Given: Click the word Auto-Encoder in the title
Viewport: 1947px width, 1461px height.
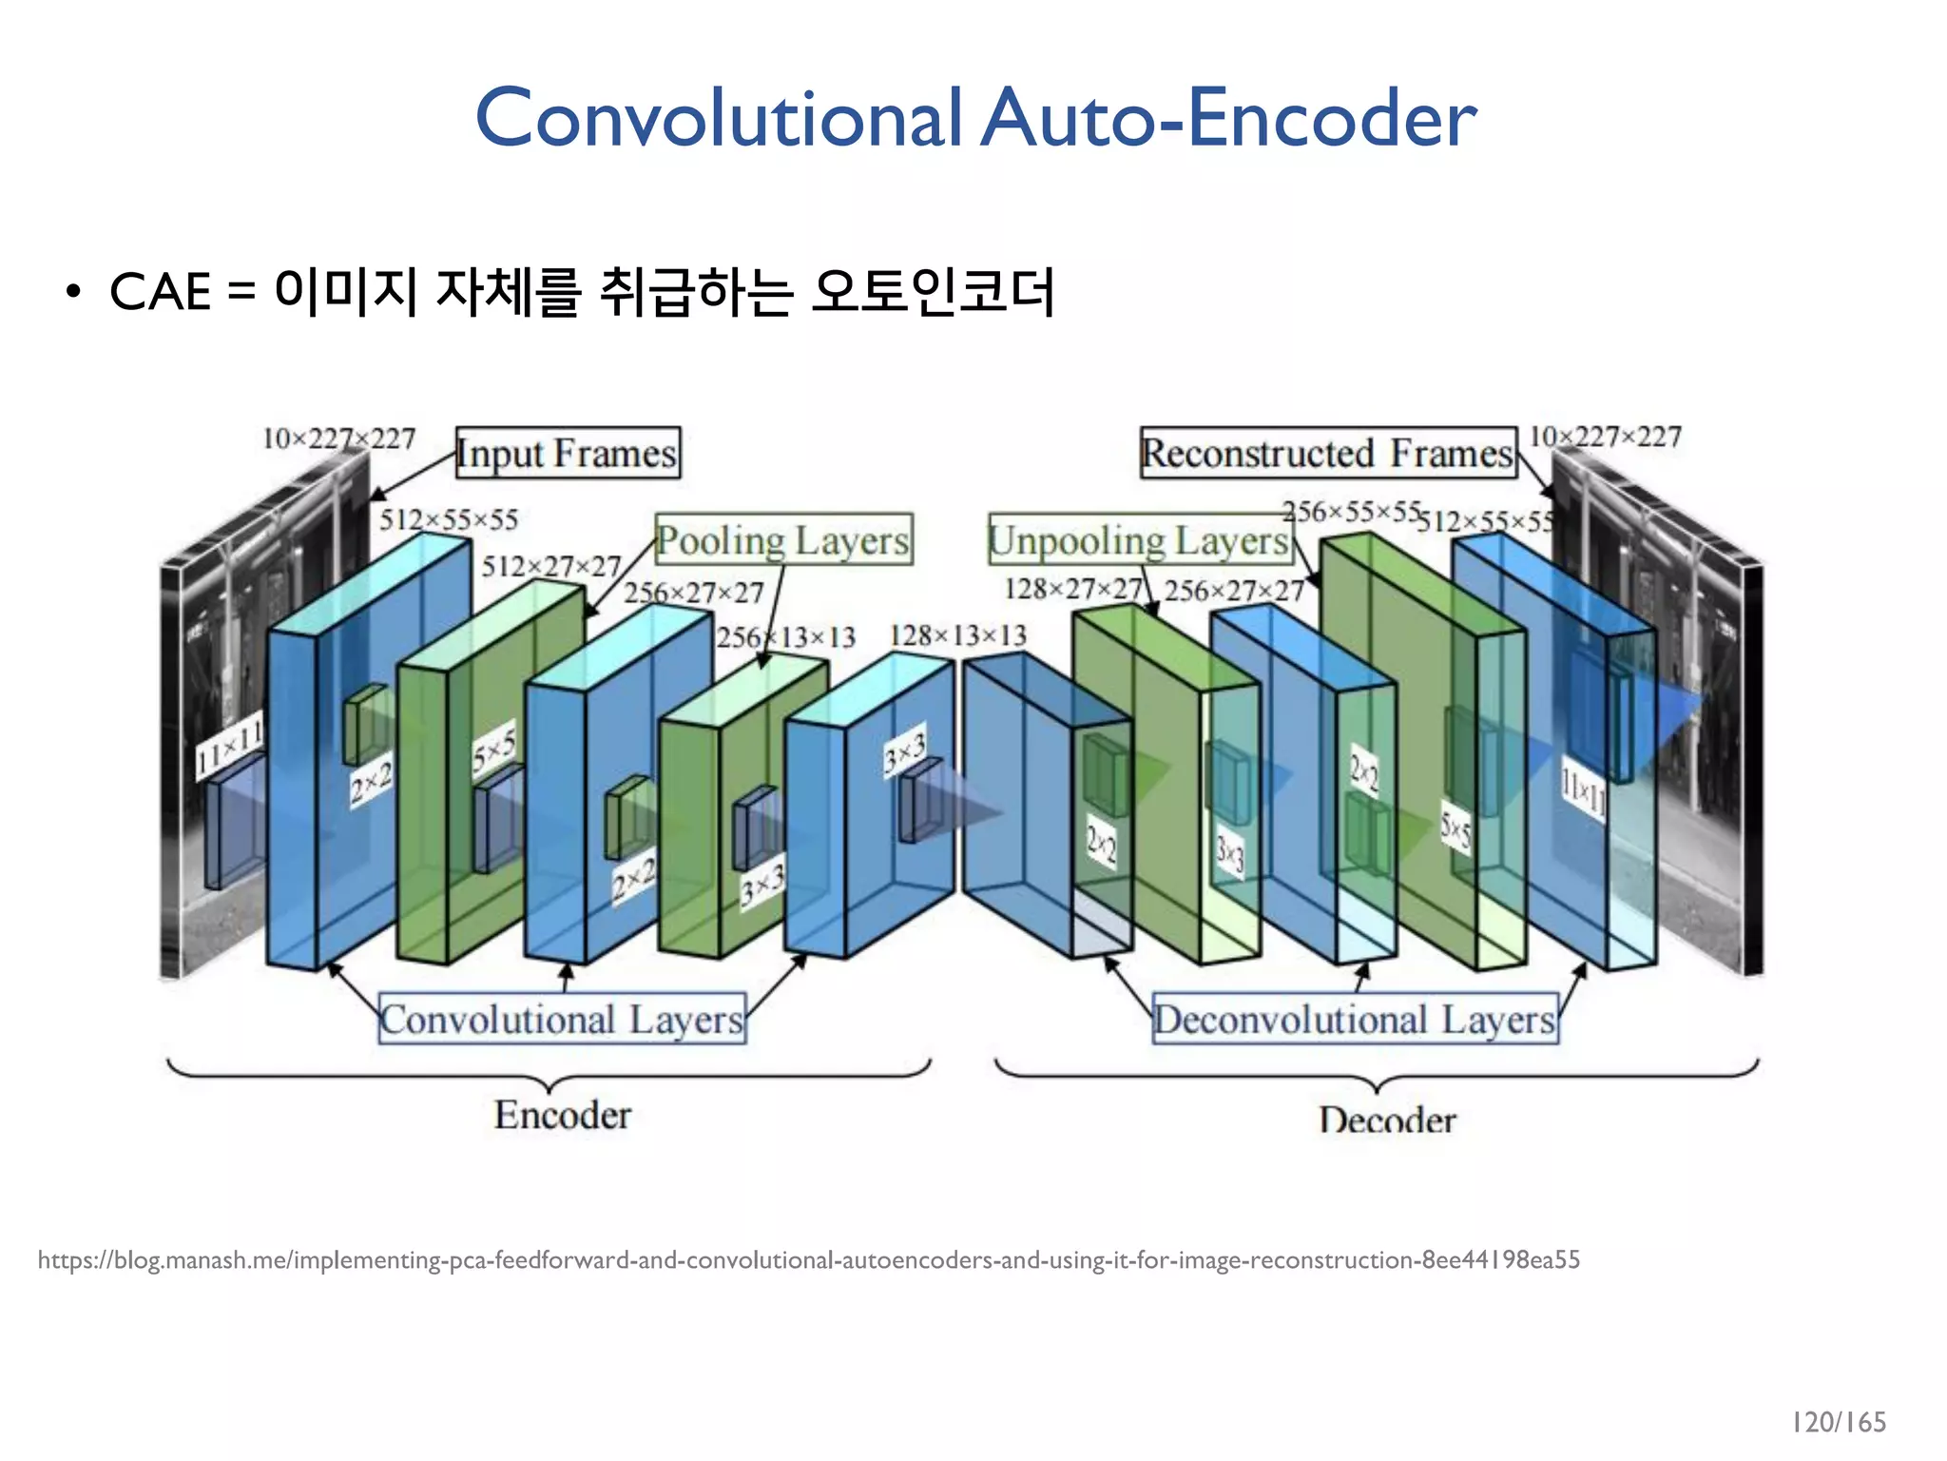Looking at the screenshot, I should [1228, 118].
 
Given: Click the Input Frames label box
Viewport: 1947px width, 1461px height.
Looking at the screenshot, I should [568, 453].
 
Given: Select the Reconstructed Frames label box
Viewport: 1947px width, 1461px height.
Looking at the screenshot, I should [1327, 453].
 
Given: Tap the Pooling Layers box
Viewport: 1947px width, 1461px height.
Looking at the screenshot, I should [783, 540].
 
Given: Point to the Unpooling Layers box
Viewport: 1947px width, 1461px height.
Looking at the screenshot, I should [1139, 540].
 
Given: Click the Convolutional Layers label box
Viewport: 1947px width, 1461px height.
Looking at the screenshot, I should [562, 1020].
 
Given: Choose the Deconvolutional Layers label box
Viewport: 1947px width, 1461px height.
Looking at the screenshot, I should [1355, 1020].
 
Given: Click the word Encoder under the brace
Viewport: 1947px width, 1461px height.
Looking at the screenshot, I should [562, 1115].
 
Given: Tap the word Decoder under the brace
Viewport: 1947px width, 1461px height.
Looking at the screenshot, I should [1387, 1120].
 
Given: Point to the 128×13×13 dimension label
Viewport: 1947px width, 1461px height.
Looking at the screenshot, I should [957, 635].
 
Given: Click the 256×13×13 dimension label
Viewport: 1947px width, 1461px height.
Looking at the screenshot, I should [785, 636].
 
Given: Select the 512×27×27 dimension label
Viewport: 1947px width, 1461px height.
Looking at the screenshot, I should [550, 567].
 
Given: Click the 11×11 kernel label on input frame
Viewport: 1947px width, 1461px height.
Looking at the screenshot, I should [229, 748].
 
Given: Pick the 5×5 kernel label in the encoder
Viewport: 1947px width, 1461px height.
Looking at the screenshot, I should [494, 750].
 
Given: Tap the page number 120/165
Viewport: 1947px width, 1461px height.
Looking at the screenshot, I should [1839, 1422].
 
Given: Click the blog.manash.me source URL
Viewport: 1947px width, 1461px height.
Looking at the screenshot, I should [808, 1260].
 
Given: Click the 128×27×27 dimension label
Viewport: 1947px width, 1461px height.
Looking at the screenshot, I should [1072, 590].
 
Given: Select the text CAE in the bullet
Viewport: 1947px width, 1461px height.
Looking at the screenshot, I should [160, 292].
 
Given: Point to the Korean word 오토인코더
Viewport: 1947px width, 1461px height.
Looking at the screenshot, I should [933, 292].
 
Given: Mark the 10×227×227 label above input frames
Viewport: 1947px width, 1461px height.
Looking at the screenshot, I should [338, 438].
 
